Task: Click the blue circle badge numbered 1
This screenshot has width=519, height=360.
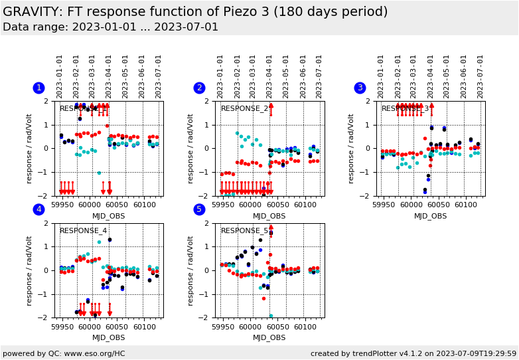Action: coord(38,88)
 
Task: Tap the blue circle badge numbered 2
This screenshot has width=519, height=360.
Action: coord(199,88)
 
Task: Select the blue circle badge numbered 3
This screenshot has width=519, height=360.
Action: coord(360,88)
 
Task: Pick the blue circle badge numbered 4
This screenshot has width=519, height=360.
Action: coord(38,210)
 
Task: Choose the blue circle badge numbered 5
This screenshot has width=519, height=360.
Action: coord(199,210)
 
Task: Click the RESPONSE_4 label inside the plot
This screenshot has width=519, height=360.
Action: coord(83,231)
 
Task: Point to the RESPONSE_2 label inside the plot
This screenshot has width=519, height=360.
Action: coord(244,109)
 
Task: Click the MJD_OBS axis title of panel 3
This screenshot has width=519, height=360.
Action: coord(430,216)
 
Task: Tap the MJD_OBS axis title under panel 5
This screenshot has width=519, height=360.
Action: coord(269,338)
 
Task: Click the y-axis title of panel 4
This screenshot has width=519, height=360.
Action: coord(29,270)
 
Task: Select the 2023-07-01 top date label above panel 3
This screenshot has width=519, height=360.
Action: coord(480,76)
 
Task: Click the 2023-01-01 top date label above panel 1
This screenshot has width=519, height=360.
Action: coord(60,76)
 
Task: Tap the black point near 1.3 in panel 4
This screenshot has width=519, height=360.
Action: coord(110,240)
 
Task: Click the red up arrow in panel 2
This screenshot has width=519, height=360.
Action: coord(271,109)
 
